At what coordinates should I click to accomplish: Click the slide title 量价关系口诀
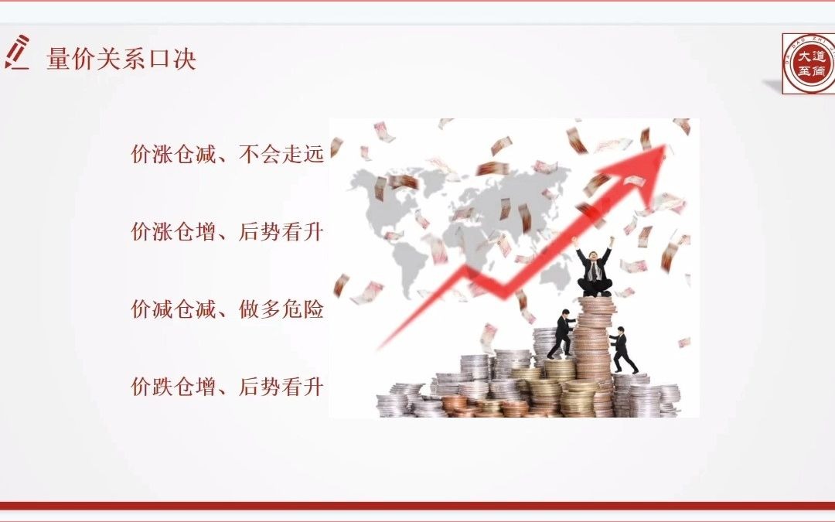[121, 60]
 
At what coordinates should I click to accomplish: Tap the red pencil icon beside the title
[18, 52]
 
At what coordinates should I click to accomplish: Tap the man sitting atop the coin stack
[595, 271]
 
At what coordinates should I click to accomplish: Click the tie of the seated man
[594, 270]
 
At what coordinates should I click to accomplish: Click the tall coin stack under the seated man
[595, 348]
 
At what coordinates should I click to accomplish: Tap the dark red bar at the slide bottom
[417, 505]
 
